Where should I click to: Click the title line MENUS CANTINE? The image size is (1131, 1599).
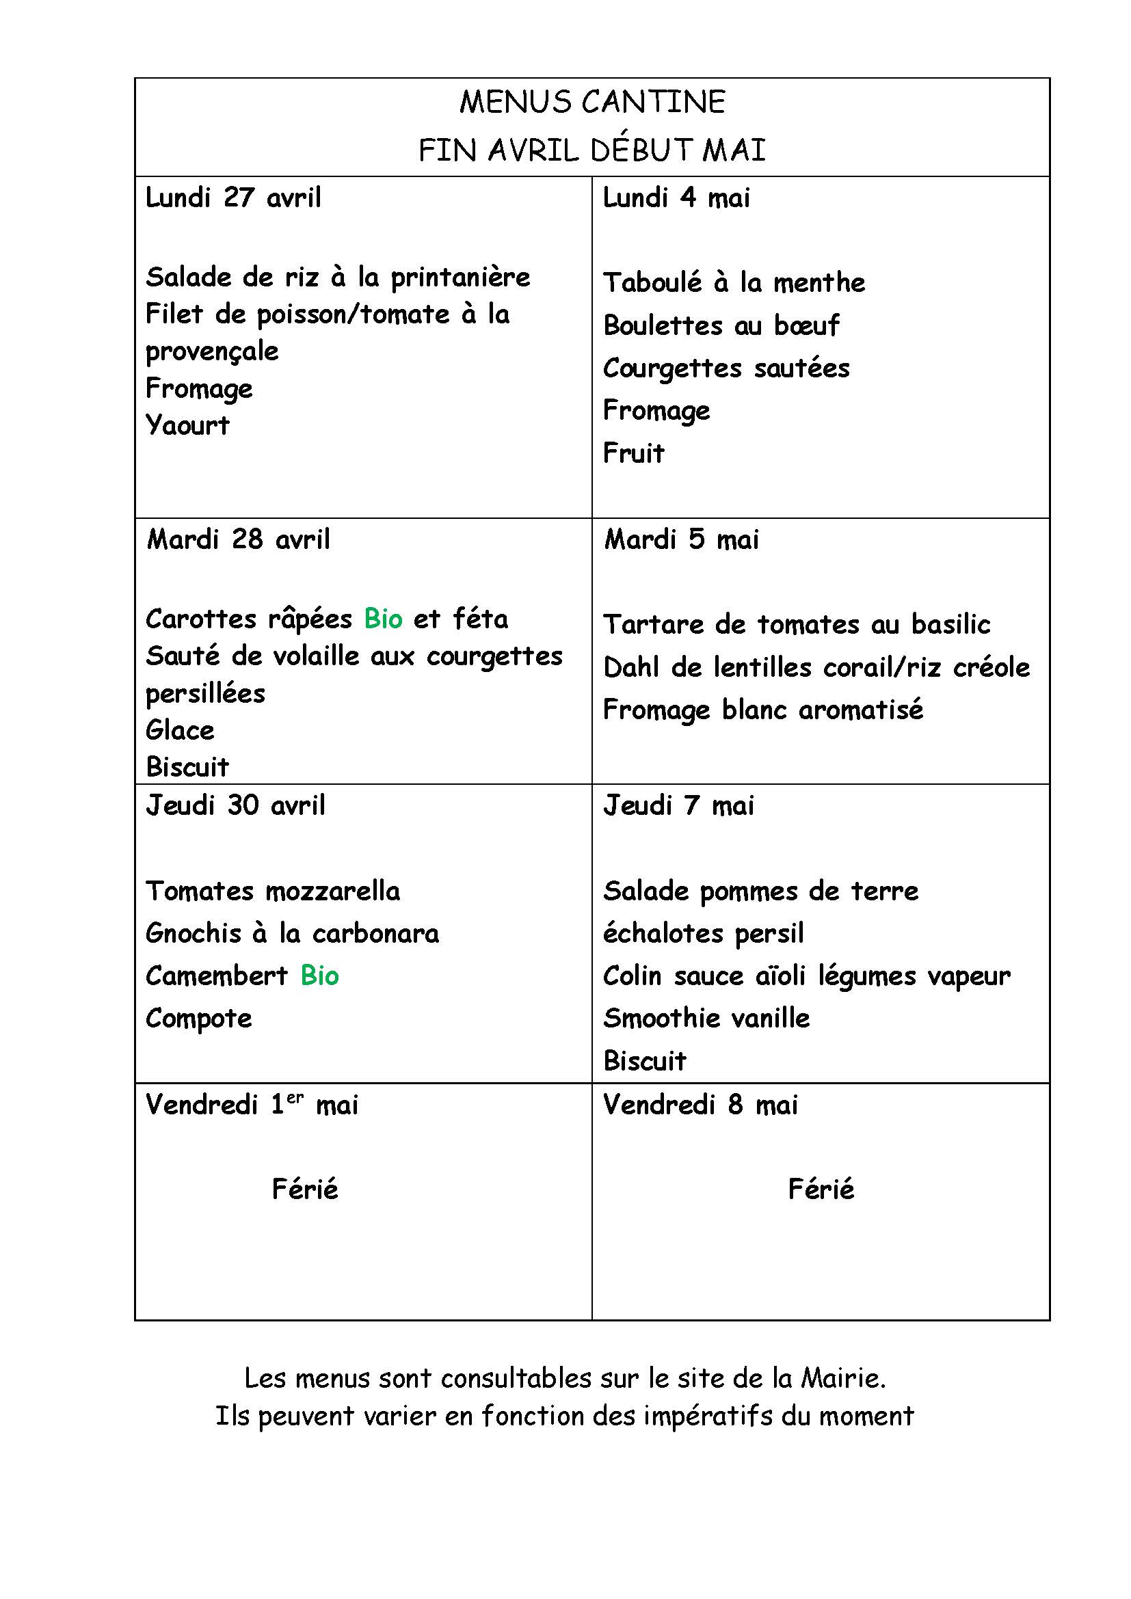[592, 102]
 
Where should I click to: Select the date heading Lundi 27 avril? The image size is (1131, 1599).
[233, 198]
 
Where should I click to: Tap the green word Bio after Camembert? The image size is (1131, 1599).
[319, 976]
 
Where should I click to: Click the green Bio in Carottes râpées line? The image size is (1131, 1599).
[383, 619]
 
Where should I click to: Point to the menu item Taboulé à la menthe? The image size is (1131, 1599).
[734, 283]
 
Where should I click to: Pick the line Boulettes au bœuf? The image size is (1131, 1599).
[721, 325]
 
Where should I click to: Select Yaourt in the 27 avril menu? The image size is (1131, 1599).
[187, 425]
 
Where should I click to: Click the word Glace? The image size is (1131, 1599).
[180, 730]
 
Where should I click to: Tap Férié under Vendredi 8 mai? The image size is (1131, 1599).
[821, 1189]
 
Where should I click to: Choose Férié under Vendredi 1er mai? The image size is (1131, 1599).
[305, 1189]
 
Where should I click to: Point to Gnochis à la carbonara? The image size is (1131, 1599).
[293, 933]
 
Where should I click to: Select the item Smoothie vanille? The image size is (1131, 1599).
[706, 1018]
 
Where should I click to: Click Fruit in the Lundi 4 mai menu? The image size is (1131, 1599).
[634, 453]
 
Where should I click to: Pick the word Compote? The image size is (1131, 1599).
[198, 1019]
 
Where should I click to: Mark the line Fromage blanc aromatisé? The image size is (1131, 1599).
[763, 710]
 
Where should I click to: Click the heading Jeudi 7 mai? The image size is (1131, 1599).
[678, 806]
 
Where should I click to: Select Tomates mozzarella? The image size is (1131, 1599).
[273, 891]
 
